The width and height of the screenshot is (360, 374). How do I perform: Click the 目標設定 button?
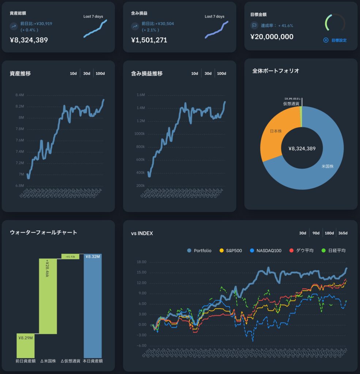coord(336,40)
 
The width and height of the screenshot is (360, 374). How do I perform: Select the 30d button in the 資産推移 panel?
coord(87,73)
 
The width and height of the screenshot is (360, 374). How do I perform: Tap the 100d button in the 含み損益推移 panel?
coord(221,73)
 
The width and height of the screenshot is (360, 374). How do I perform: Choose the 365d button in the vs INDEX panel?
coord(343,233)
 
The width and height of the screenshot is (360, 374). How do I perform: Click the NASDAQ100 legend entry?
coord(266,251)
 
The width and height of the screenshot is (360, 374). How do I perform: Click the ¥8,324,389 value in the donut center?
coord(302,149)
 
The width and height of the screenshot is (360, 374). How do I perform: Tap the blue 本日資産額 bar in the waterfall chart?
coord(92,307)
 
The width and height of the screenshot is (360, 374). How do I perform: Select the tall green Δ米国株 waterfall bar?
coord(48,296)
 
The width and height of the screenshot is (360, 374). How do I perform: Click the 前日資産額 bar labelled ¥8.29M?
coord(26,345)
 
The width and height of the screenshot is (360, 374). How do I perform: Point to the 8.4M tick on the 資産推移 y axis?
coord(19,95)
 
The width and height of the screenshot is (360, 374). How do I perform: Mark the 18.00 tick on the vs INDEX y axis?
coord(141,262)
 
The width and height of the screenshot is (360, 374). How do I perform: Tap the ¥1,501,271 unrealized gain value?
coord(149,40)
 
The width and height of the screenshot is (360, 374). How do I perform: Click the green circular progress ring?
coord(335,23)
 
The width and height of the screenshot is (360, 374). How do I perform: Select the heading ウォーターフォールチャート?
coord(43,232)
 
